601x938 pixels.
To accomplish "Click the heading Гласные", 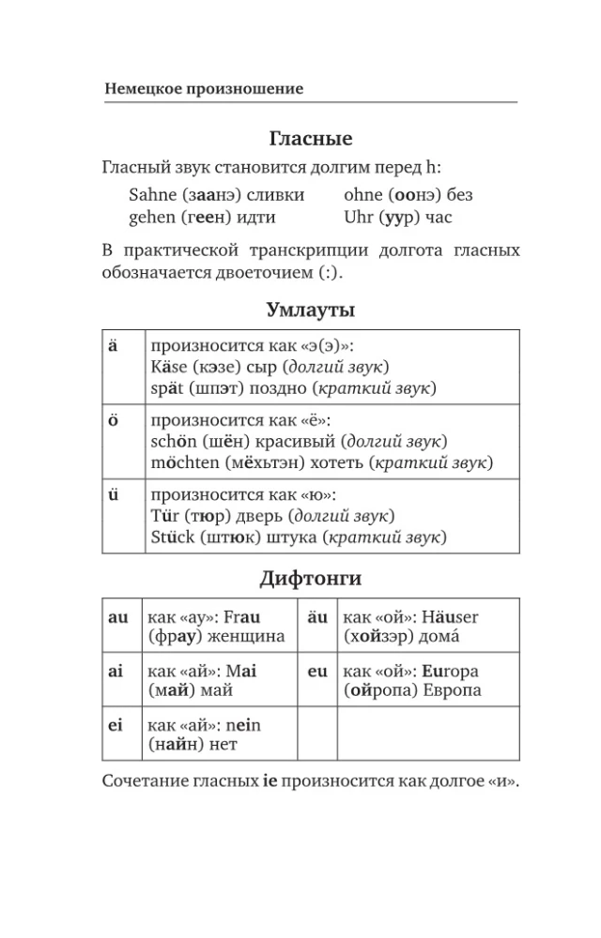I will tap(310, 139).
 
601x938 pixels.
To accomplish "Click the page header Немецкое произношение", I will tap(204, 89).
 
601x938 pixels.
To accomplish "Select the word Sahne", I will tap(152, 195).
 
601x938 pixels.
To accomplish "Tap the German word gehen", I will tap(151, 218).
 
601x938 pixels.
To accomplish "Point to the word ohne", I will tap(363, 195).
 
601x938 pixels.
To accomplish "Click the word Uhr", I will tap(359, 218).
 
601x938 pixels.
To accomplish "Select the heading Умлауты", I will tap(310, 310).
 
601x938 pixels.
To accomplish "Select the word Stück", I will tap(172, 538).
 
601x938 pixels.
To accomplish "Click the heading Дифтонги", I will tap(310, 579).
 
